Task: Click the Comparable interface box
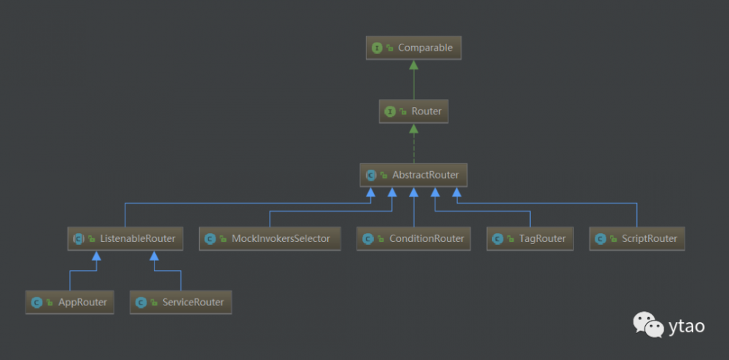coord(414,48)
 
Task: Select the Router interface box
coord(414,111)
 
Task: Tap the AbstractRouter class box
coord(414,175)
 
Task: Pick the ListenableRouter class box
coord(125,238)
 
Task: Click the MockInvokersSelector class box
coord(270,238)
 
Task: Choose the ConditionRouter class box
coord(414,238)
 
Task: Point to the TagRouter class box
coord(530,238)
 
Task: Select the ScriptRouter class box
coord(637,238)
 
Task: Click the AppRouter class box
coord(70,302)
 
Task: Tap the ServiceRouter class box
coord(181,302)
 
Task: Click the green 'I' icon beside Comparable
coord(377,48)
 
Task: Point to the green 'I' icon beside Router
coord(390,111)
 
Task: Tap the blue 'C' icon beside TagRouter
coord(498,238)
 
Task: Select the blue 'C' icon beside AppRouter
coord(36,302)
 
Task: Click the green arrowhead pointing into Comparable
coord(414,65)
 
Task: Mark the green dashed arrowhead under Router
coord(414,129)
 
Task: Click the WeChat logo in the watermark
coord(648,324)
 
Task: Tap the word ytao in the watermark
coord(687,326)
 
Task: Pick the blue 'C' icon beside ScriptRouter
coord(601,238)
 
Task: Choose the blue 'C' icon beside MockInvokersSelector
coord(210,238)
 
